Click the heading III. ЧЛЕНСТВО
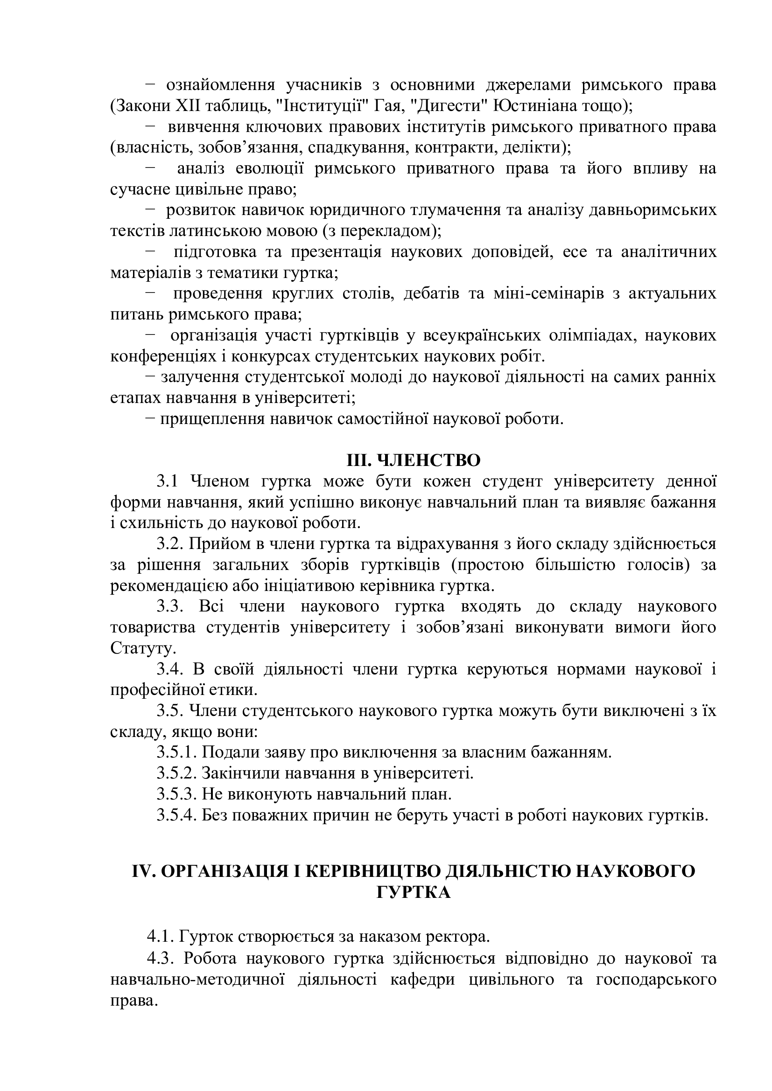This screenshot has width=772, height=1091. coord(413,460)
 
